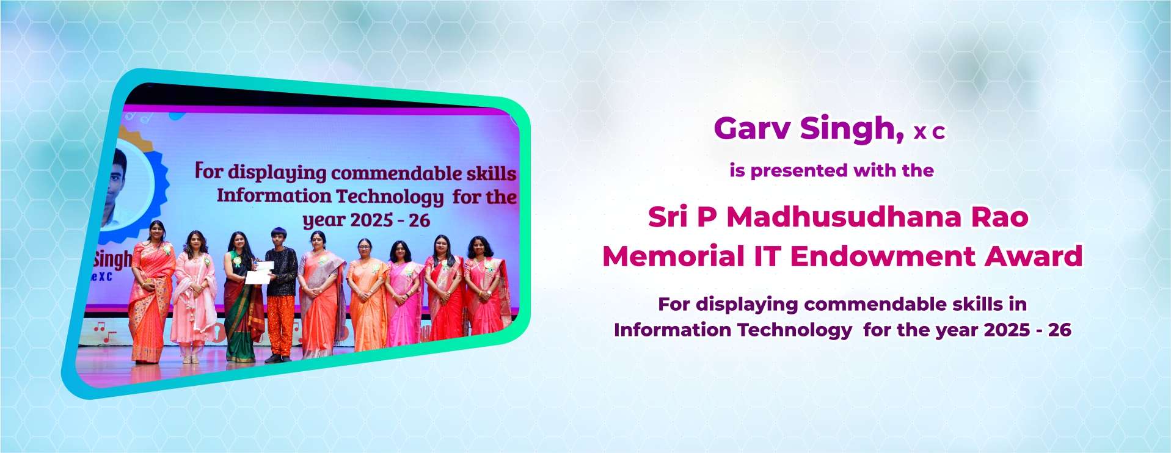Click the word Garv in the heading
pos(752,128)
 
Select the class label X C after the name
pos(930,132)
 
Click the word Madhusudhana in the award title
pos(844,217)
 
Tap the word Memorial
pos(673,256)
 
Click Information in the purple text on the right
pos(673,330)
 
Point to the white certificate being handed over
pos(259,272)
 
